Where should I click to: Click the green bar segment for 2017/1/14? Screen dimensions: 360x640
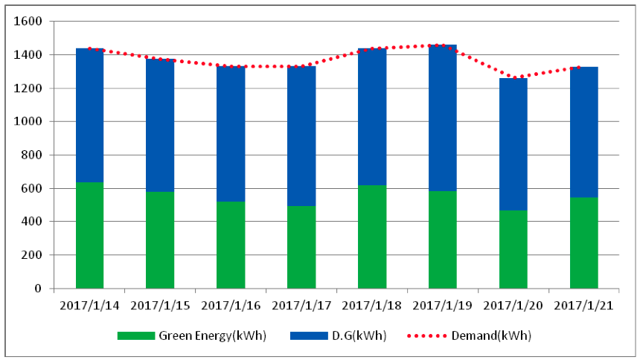pyautogui.click(x=89, y=235)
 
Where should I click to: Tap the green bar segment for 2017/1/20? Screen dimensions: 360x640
pyautogui.click(x=513, y=249)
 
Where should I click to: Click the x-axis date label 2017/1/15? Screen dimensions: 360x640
pyautogui.click(x=160, y=305)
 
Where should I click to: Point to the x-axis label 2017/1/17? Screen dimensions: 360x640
pyautogui.click(x=301, y=305)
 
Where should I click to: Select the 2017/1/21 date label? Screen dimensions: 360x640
pyautogui.click(x=583, y=305)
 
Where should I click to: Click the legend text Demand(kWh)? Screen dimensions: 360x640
pyautogui.click(x=491, y=335)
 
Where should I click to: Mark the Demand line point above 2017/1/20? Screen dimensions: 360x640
pyautogui.click(x=513, y=78)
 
